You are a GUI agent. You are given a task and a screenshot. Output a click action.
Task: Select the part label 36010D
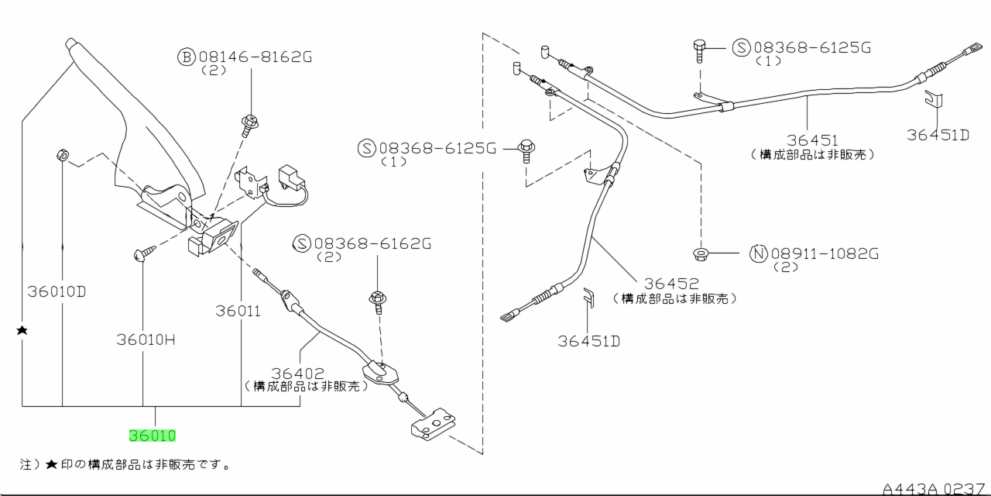tap(57, 292)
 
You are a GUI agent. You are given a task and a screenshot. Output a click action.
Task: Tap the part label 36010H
tap(147, 339)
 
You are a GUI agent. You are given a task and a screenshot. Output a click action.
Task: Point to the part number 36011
tap(238, 311)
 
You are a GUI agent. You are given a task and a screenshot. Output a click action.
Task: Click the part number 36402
tap(298, 374)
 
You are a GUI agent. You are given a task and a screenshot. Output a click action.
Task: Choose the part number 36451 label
tap(813, 140)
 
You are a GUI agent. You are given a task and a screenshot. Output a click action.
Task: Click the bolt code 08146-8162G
tap(247, 57)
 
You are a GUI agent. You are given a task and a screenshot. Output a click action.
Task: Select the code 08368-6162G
tap(372, 244)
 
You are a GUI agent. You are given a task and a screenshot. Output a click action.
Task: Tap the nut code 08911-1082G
tap(825, 253)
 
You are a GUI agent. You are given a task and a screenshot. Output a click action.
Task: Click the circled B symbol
tap(187, 57)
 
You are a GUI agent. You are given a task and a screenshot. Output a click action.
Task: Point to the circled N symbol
tap(758, 253)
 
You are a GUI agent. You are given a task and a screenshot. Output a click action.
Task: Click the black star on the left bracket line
tap(22, 331)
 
